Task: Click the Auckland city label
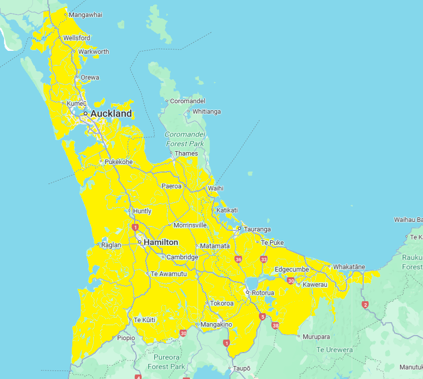click(x=111, y=114)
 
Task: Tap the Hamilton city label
click(x=161, y=242)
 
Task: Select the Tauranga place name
click(x=257, y=229)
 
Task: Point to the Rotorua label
click(x=263, y=293)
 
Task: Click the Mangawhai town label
click(x=85, y=14)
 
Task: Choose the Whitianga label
click(x=207, y=112)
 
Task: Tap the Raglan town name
click(x=111, y=245)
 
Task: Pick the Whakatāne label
click(x=349, y=267)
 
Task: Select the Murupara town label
click(x=316, y=337)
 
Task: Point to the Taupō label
click(x=242, y=369)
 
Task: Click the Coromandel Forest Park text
click(x=185, y=139)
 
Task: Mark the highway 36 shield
click(x=238, y=259)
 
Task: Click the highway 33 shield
click(x=263, y=259)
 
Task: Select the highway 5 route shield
click(x=262, y=316)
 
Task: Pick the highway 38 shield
click(x=275, y=326)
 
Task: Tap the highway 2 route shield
click(x=365, y=305)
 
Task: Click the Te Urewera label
click(x=335, y=350)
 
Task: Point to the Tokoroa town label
click(x=222, y=303)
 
